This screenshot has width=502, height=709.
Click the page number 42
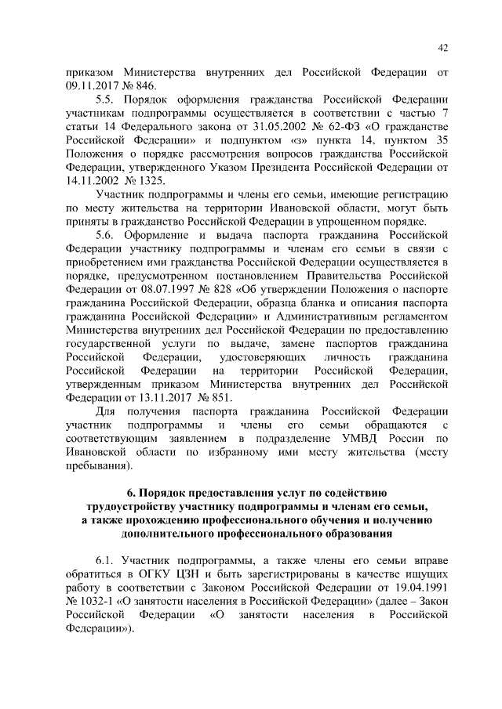[442, 49]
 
